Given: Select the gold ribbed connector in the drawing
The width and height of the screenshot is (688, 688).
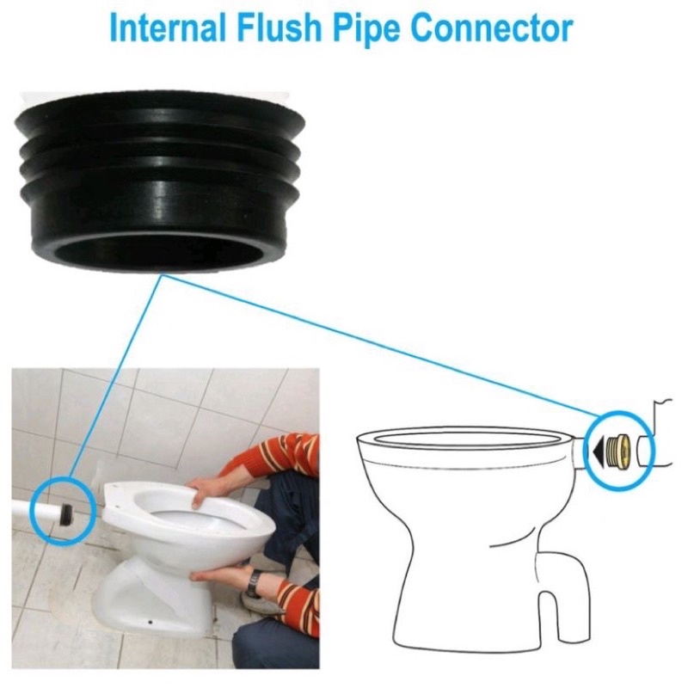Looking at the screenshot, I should coord(616,448).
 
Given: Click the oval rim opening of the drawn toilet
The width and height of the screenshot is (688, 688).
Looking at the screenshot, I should coord(464,440).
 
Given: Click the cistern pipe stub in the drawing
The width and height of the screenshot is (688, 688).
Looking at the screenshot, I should coord(645,448).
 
